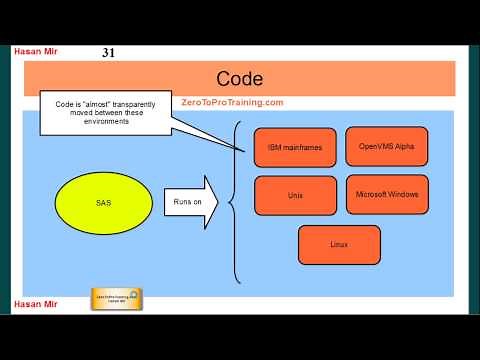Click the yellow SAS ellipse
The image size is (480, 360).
[x=103, y=203]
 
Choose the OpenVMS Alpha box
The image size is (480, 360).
[x=386, y=146]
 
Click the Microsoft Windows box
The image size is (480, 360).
[x=386, y=194]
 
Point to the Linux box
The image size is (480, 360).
[x=339, y=244]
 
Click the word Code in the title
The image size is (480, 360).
[x=239, y=78]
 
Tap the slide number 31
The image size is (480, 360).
[x=109, y=52]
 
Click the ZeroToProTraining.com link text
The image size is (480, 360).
[x=233, y=102]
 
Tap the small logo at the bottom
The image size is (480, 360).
[x=116, y=298]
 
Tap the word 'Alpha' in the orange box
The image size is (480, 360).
[x=402, y=146]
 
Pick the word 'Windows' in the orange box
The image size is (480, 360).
[x=401, y=194]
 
